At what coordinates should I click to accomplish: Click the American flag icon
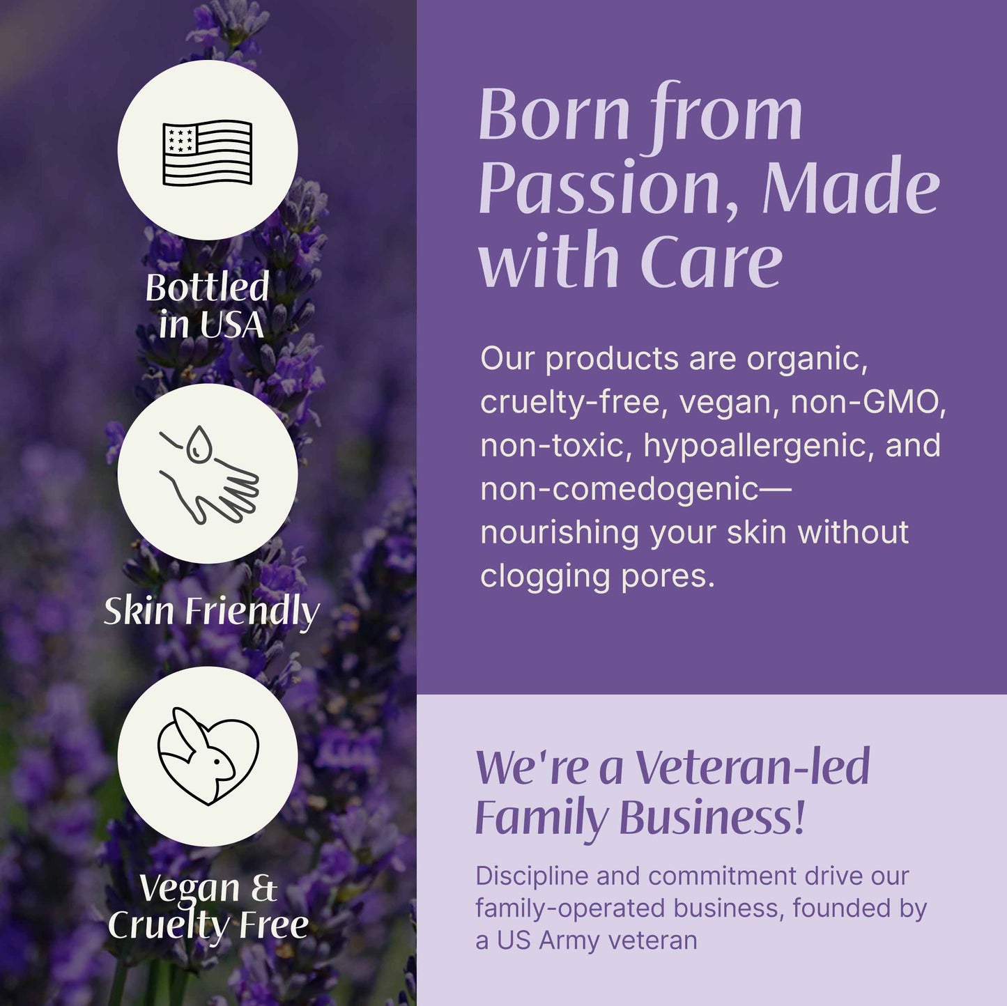coord(207,153)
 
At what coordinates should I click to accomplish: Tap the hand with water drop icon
coord(208,474)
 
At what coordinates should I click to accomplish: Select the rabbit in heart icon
coord(208,757)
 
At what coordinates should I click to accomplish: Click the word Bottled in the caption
coord(207,287)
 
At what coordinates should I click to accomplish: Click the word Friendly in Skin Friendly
coord(252,612)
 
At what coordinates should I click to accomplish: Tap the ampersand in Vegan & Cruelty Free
coord(263,888)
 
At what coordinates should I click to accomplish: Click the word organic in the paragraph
coord(806,359)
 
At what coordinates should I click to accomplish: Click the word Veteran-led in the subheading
coord(753,767)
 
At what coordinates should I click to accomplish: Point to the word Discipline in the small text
coord(532,876)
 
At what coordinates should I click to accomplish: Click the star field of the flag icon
coord(180,138)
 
